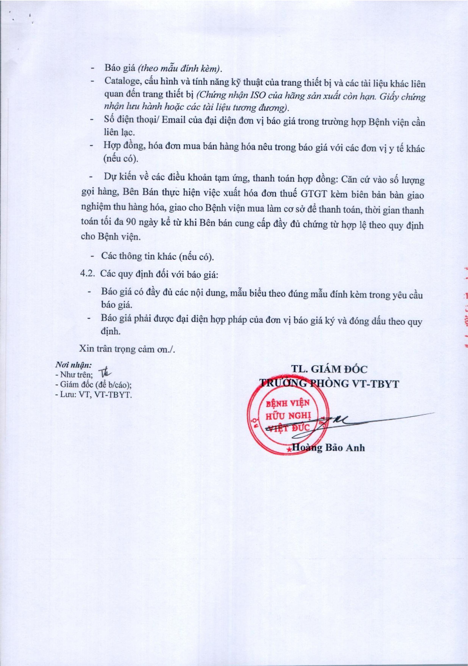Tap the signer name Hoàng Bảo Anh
pos(328,456)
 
